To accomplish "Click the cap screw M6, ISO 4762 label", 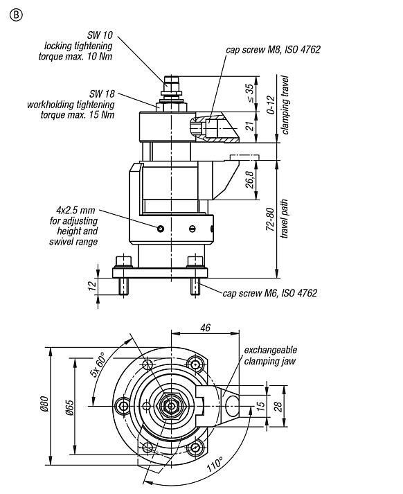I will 269,293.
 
